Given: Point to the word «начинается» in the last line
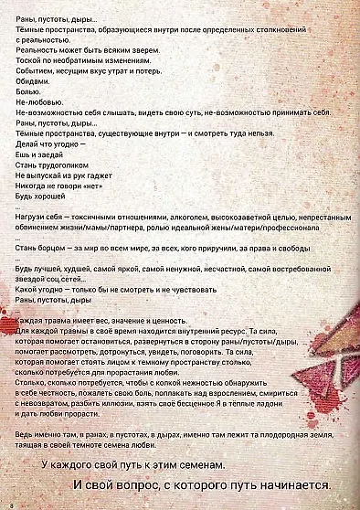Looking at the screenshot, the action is (293, 485).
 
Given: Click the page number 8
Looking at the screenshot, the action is (8, 504).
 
